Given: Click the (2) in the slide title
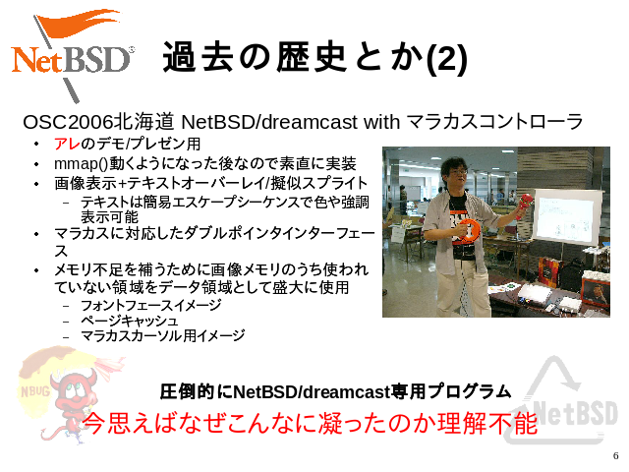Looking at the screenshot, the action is (x=447, y=58).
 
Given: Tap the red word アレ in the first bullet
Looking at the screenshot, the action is (x=67, y=144).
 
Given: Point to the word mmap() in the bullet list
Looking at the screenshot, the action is (x=82, y=164).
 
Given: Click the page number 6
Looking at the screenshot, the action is (x=616, y=456).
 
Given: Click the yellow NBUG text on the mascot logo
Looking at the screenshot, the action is (x=35, y=391).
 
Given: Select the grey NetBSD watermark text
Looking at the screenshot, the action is (x=572, y=413).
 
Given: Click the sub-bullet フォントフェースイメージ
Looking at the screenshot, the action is (x=150, y=306).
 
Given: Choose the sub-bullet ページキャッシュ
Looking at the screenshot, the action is (x=129, y=321).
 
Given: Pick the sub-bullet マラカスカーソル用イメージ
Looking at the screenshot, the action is (x=162, y=335).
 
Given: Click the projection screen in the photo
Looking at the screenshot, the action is (x=567, y=216).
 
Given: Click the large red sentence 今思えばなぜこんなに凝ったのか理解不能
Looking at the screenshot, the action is (x=310, y=423).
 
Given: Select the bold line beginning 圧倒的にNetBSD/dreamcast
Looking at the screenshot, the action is (x=335, y=391).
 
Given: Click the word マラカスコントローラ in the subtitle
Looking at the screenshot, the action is (x=494, y=122).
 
